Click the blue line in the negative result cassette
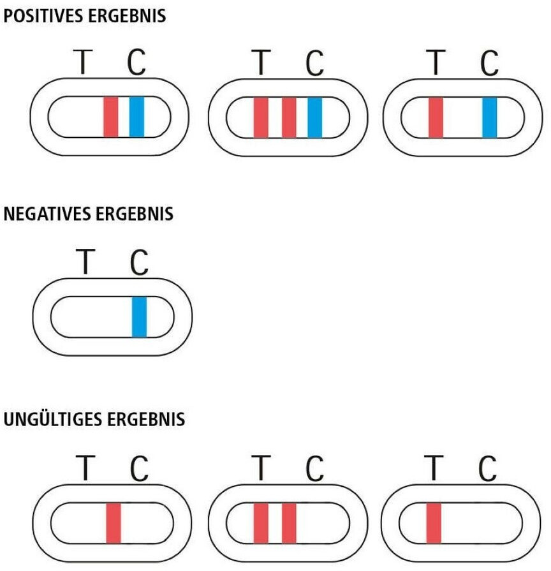tap(139, 317)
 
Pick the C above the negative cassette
tap(138, 262)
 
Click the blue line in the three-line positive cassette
tap(314, 117)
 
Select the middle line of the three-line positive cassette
tap(288, 117)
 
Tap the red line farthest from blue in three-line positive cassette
tap(261, 117)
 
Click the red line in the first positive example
tap(111, 117)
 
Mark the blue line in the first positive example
tap(136, 117)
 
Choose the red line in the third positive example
tap(436, 117)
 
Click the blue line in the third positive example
tap(489, 117)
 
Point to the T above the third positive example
tap(436, 63)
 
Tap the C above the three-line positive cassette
tap(314, 63)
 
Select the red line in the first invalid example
tap(114, 523)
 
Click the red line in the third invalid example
tap(434, 523)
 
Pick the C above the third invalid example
tap(488, 470)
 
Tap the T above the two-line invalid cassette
tap(260, 470)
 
